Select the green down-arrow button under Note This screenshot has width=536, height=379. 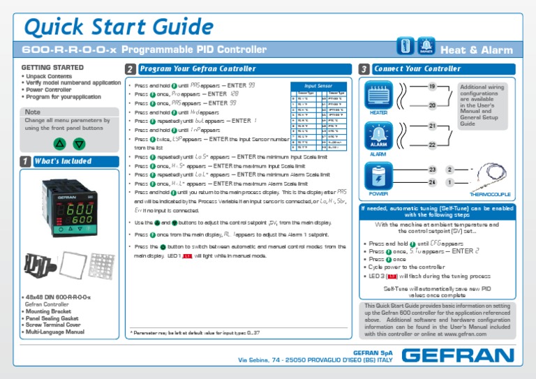pos(79,144)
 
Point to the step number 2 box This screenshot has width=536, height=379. pos(131,69)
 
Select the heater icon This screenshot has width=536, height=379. pos(379,94)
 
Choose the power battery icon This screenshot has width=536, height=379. pos(378,174)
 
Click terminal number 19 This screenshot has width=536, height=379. pos(432,86)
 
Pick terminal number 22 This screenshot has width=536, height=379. pos(432,144)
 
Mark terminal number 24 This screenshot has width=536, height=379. pos(432,182)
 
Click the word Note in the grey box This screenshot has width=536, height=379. pos(32,112)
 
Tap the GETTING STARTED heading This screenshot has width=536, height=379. pos(43,68)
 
